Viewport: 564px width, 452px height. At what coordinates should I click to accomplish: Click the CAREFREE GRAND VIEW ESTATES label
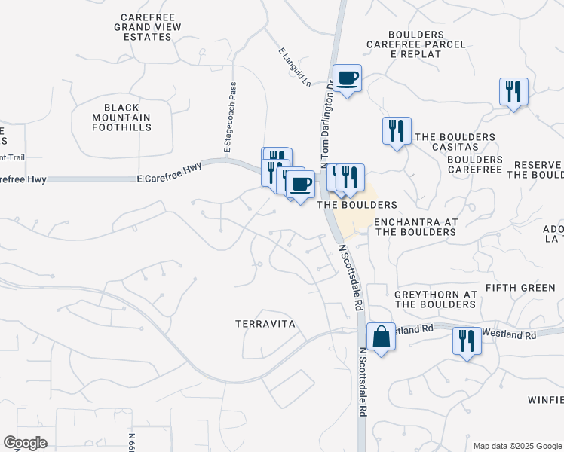coord(149,26)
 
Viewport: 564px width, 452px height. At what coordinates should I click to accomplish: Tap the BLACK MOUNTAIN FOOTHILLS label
coord(121,118)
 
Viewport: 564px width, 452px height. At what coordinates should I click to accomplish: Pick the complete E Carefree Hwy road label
coord(170,179)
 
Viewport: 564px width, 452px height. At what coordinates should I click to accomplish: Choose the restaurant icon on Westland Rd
coord(467,341)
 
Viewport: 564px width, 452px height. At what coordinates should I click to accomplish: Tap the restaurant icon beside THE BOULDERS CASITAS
coord(396,131)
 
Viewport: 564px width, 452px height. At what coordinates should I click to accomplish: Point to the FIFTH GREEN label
coord(520,288)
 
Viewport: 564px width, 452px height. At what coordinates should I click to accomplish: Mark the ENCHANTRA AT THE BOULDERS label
coord(415,227)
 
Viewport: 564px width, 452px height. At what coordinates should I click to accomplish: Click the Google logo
coord(25,443)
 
